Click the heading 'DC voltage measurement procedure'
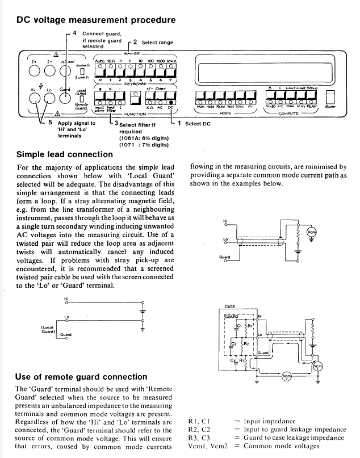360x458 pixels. tap(96, 20)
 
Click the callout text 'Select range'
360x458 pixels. tap(157, 43)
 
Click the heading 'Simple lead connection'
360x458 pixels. tap(64, 154)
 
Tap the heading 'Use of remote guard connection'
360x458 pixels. tap(82, 377)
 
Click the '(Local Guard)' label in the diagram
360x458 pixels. tap(45, 330)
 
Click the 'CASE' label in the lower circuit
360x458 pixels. tap(231, 306)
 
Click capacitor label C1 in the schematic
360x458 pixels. tap(239, 325)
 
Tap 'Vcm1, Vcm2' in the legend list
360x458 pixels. tap(207, 446)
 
